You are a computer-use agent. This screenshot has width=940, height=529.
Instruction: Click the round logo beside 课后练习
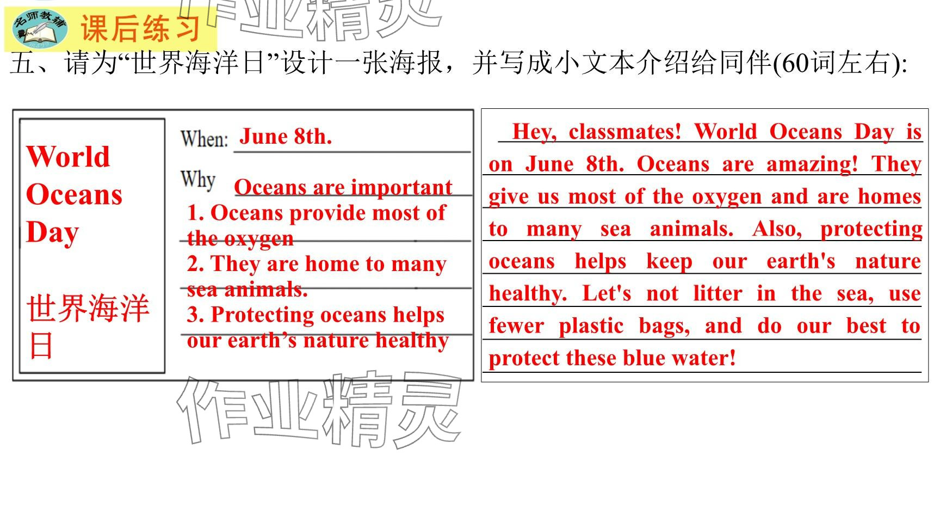[x=40, y=28]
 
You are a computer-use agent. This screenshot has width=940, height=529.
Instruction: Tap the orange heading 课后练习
[x=141, y=28]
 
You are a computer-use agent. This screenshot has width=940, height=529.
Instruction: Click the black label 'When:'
[x=204, y=139]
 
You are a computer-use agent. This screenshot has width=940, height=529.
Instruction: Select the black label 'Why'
[x=198, y=179]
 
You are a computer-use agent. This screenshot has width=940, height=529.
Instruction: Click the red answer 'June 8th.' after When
[x=286, y=136]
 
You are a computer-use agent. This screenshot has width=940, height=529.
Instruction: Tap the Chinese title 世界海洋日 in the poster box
[x=87, y=326]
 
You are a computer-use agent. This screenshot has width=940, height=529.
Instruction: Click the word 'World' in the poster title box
[x=68, y=156]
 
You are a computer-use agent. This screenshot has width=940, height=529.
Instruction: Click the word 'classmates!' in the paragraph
[x=625, y=132]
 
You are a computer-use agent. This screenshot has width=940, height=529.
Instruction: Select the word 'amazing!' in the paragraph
[x=812, y=164]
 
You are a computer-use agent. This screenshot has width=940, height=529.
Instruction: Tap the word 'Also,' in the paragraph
[x=777, y=229]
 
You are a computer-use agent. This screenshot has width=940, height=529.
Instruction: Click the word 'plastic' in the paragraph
[x=591, y=326]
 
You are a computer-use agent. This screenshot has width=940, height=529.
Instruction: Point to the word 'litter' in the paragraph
[x=718, y=294]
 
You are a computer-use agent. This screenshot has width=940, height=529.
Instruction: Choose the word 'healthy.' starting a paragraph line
[x=528, y=294]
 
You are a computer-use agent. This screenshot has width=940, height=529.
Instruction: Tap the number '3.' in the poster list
[x=196, y=315]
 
